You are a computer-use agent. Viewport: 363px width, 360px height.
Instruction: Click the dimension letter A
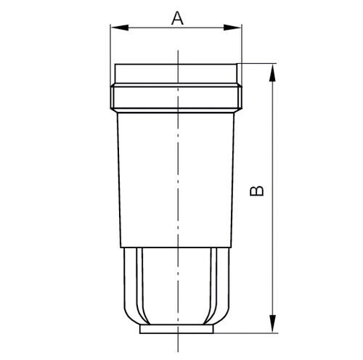176,17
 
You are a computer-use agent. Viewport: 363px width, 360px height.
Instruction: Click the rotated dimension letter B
256,191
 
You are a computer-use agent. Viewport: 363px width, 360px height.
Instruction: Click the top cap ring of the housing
176,75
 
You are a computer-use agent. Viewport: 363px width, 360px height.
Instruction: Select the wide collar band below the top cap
176,98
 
